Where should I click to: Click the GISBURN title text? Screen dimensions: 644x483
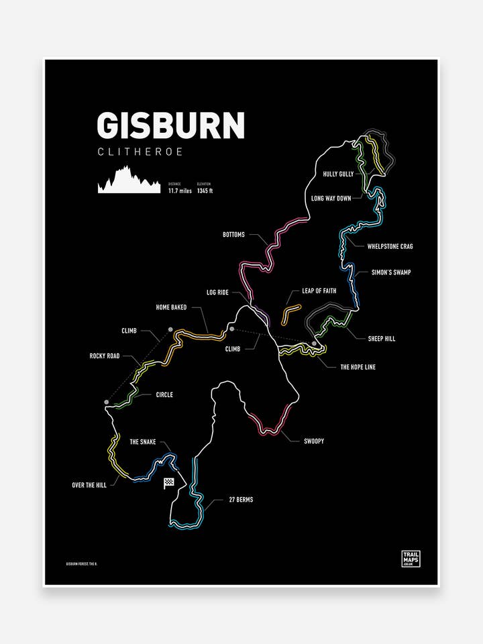pos(170,125)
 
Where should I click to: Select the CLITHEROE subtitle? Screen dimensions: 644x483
pos(140,152)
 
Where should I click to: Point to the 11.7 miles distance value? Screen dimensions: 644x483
pos(180,191)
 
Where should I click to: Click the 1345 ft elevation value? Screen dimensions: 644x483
pos(205,191)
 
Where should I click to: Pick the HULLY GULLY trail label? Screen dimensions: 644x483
pos(337,174)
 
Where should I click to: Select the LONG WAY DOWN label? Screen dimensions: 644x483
pos(331,199)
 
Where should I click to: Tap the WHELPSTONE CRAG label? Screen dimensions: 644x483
pos(390,246)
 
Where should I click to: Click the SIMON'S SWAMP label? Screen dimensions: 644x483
pos(390,272)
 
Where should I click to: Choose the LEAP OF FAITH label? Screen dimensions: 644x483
pos(319,290)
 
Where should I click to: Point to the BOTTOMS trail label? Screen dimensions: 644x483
pos(233,235)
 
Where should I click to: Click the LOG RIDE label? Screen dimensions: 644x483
pos(217,293)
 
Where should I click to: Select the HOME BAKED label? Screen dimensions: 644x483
pos(171,307)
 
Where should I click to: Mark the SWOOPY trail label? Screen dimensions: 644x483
pos(313,441)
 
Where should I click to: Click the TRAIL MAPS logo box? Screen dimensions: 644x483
pos(410,559)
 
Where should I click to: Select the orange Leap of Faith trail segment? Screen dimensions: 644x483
pos(290,313)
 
